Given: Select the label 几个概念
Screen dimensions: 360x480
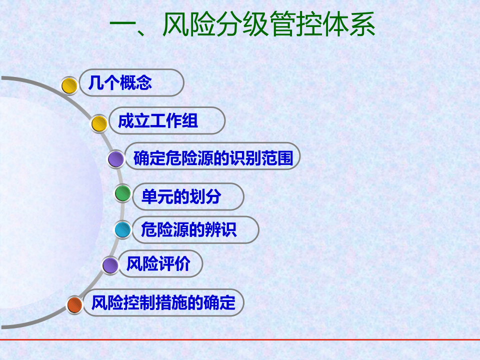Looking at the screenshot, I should pyautogui.click(x=120, y=83).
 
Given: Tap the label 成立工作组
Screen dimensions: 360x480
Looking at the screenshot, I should pyautogui.click(x=158, y=121).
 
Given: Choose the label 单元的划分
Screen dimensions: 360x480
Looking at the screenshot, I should pyautogui.click(x=181, y=196).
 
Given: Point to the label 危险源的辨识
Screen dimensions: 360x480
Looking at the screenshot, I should pyautogui.click(x=188, y=230).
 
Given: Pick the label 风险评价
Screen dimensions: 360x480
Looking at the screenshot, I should pyautogui.click(x=158, y=263).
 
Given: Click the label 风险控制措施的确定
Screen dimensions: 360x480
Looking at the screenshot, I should pyautogui.click(x=163, y=302).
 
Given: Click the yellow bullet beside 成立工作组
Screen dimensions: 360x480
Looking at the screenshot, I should pyautogui.click(x=99, y=123).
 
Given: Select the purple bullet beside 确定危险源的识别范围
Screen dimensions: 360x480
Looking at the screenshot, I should pyautogui.click(x=116, y=159).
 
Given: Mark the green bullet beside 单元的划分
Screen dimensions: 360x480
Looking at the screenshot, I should pyautogui.click(x=122, y=193).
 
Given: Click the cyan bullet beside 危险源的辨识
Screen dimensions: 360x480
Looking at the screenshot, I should pyautogui.click(x=122, y=230).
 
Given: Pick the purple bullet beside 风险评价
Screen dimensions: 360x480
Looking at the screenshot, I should pyautogui.click(x=110, y=265).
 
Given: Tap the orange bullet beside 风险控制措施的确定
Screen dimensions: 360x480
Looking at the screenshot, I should pyautogui.click(x=74, y=304).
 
